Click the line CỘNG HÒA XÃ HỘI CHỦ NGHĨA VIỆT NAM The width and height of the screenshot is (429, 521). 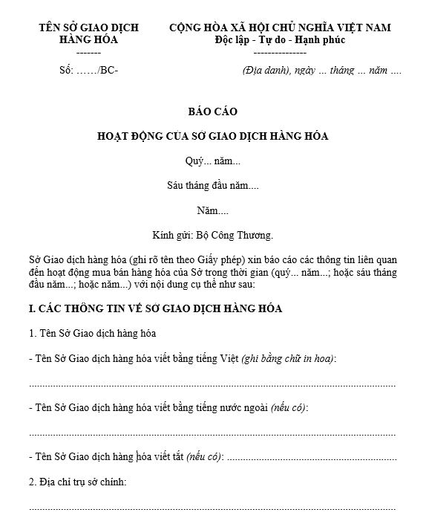280,27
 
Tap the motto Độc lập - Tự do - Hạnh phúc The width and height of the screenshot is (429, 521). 280,40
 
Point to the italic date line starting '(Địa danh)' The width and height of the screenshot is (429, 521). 321,71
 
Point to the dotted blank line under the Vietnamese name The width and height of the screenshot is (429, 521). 212,384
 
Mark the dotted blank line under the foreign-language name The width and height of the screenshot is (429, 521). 212,433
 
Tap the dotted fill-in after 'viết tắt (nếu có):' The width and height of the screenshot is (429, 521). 310,457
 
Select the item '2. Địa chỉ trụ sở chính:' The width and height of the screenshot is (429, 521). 77,482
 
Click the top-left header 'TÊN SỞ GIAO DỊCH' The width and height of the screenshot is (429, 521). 88,27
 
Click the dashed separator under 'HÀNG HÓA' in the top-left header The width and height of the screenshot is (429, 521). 88,53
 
